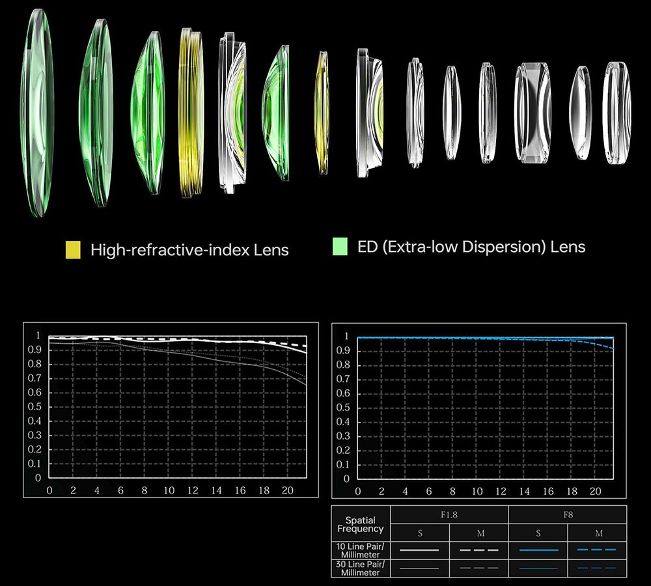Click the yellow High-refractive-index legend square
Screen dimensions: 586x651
point(73,249)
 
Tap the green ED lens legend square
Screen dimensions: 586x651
point(340,247)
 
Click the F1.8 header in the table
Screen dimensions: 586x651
point(450,515)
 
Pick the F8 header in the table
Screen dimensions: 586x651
point(568,515)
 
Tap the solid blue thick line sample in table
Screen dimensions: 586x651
point(538,550)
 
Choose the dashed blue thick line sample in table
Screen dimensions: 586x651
point(598,550)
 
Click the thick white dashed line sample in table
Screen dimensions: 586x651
point(480,550)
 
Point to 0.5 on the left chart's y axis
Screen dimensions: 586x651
point(37,407)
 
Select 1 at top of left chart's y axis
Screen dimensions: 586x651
point(38,337)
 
